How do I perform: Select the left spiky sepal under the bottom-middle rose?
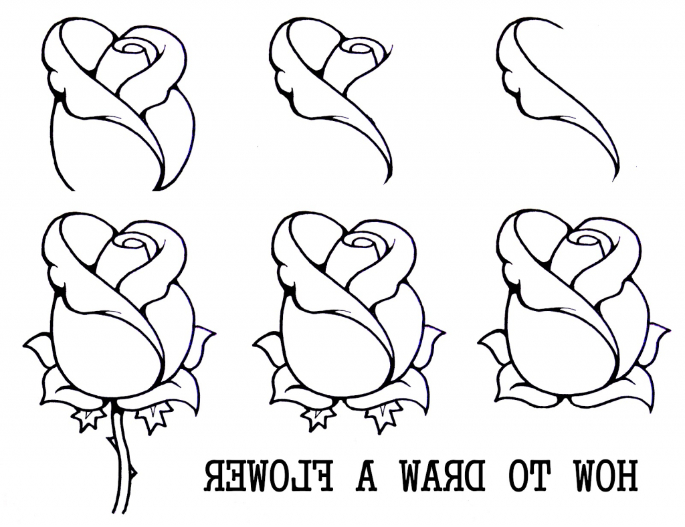(318, 418)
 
